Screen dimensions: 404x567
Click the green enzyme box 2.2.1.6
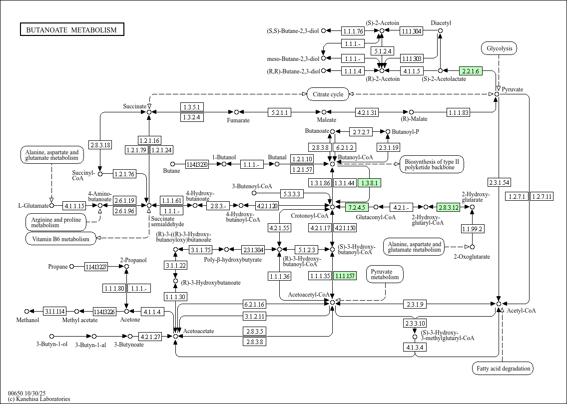point(471,71)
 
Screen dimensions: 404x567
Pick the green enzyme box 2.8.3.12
point(448,207)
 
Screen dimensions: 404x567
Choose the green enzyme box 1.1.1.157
point(345,276)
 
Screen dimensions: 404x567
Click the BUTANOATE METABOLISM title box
point(71,30)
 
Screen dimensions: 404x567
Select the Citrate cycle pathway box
point(327,94)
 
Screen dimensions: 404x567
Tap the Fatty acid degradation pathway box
point(503,369)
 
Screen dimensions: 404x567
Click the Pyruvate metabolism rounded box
point(385,274)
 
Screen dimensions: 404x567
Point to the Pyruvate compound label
point(513,89)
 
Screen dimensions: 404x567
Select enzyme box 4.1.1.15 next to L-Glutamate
point(74,206)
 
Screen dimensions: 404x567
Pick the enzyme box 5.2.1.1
point(279,112)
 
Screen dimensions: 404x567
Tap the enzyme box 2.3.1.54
point(499,183)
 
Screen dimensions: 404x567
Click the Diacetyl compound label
point(441,23)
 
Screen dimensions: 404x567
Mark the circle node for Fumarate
point(237,112)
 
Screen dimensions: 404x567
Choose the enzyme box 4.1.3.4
point(415,347)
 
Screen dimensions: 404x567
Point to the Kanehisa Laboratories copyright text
point(39,399)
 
